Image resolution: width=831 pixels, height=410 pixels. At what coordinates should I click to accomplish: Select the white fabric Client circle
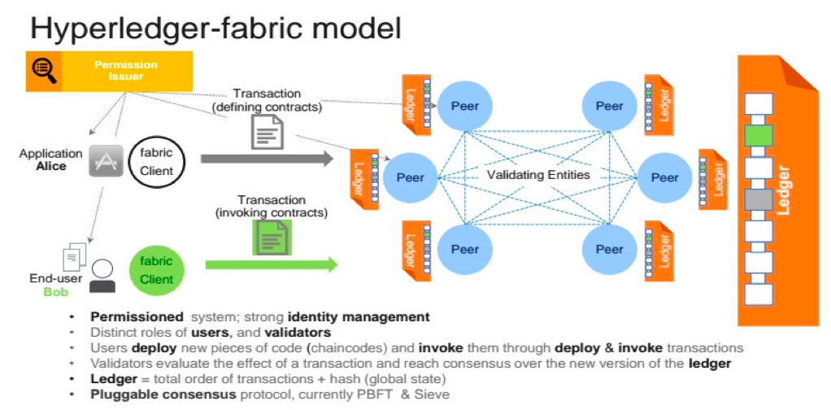pyautogui.click(x=156, y=159)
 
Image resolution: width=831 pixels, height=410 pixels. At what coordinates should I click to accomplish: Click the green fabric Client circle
pyautogui.click(x=156, y=269)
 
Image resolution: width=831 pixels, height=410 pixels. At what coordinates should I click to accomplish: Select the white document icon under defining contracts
pyautogui.click(x=267, y=132)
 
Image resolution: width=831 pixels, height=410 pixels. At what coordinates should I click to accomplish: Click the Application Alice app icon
pyautogui.click(x=104, y=159)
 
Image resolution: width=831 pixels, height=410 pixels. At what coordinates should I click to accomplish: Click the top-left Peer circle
pyautogui.click(x=464, y=106)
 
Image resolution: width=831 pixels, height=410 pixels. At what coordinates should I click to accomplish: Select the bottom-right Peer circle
pyautogui.click(x=609, y=249)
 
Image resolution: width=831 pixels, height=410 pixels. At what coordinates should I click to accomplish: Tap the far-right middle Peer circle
pyautogui.click(x=664, y=177)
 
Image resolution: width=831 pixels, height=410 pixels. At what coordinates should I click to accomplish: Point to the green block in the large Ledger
pyautogui.click(x=758, y=136)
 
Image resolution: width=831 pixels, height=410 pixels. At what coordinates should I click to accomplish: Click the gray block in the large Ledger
pyautogui.click(x=758, y=199)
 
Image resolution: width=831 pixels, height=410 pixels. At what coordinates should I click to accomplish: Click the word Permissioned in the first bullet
pyautogui.click(x=137, y=316)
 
